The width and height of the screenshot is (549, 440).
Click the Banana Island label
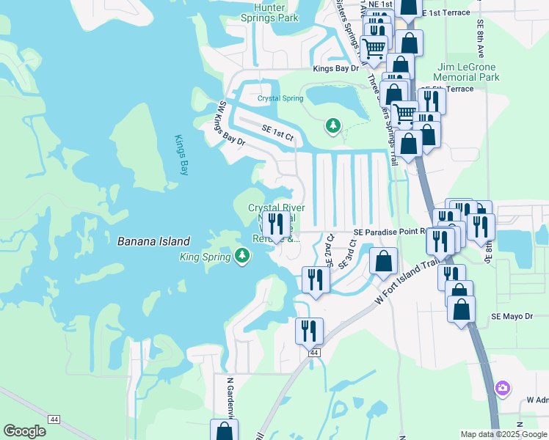point(153,241)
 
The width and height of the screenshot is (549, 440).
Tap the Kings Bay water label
point(182,155)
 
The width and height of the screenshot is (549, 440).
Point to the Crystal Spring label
point(280,98)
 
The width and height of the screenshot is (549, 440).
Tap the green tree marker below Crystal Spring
point(332,126)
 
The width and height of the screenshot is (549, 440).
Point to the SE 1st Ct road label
point(277,132)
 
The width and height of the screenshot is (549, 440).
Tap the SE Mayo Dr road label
point(511,316)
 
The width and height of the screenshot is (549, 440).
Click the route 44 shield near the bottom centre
point(314,353)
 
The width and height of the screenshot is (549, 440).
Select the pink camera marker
point(502,388)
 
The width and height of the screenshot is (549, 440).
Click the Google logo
point(24,431)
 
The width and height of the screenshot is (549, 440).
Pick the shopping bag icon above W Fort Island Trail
point(384,261)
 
